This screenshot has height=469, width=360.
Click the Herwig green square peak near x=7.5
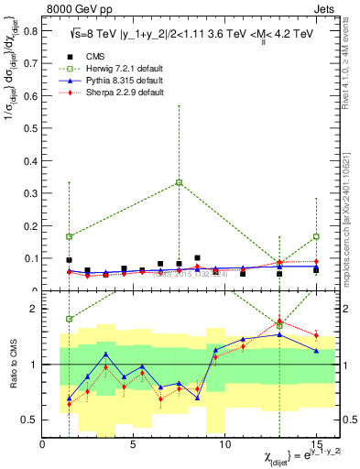(x=179, y=182)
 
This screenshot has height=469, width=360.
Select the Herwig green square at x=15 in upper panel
(x=316, y=236)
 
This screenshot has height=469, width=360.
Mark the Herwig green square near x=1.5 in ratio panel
(x=70, y=319)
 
